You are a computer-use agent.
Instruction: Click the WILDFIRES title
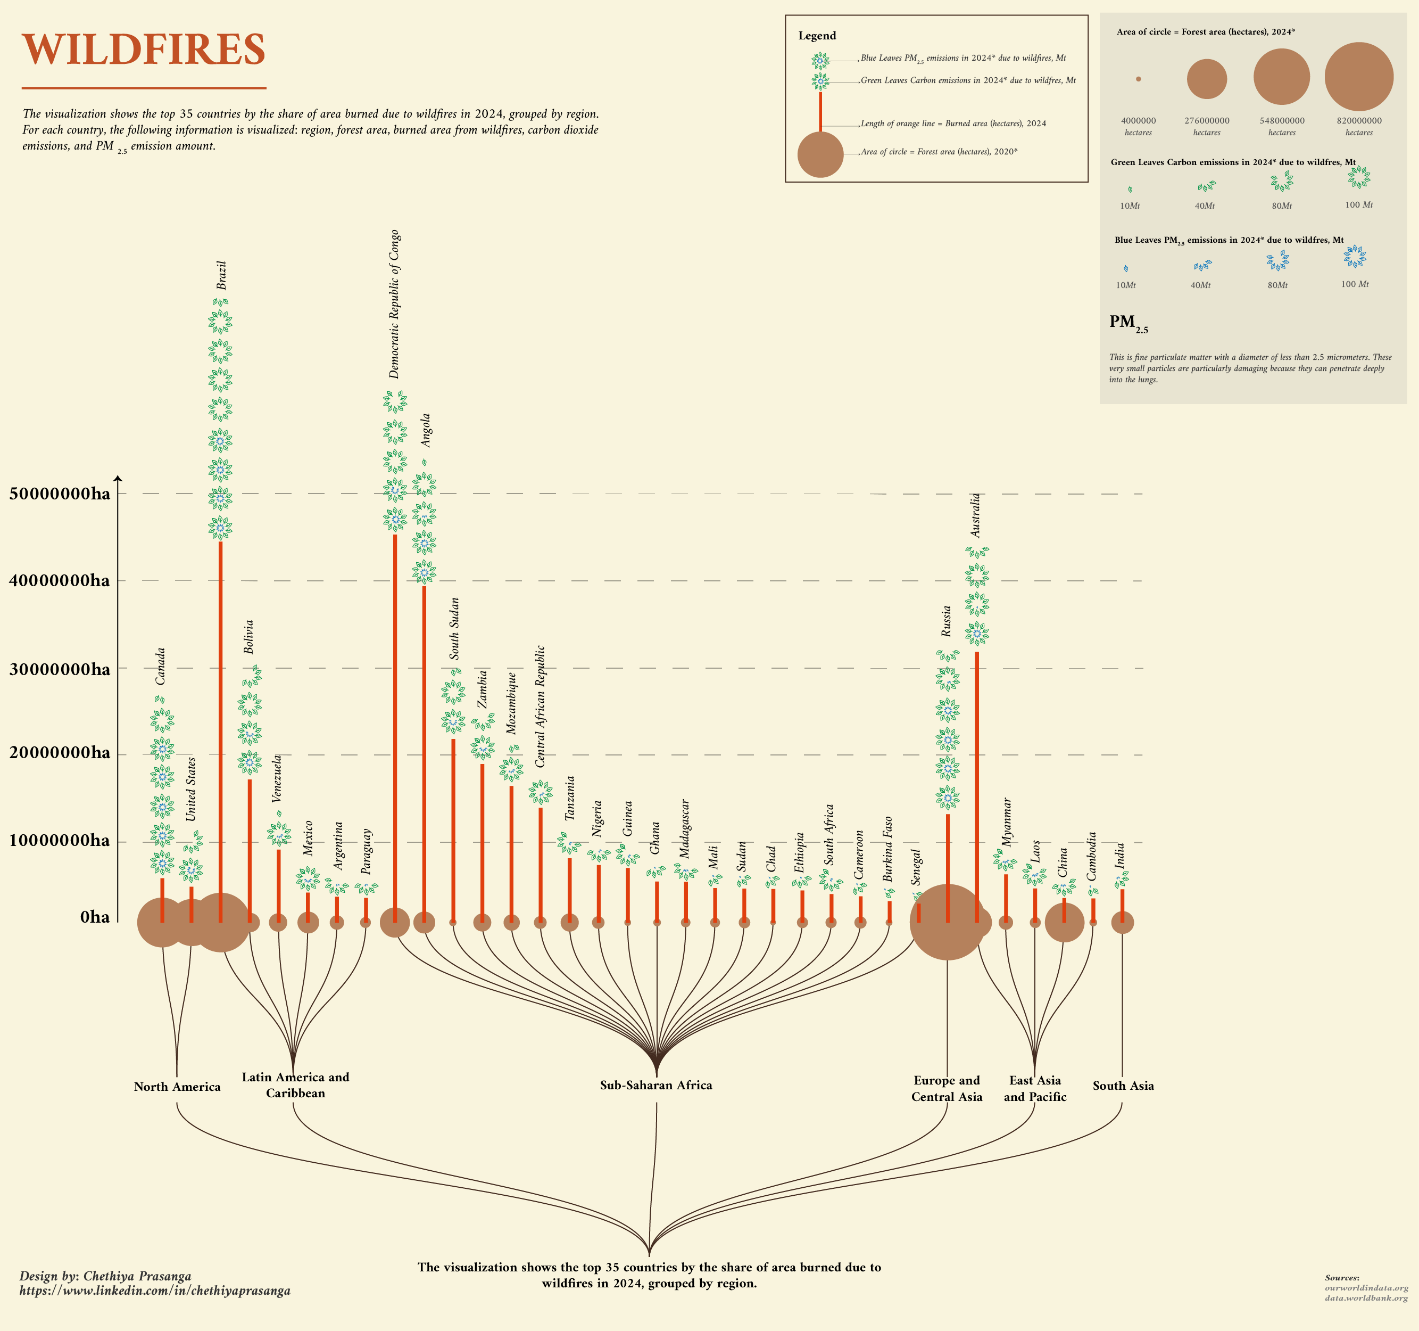coord(144,50)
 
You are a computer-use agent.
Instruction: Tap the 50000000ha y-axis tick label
coord(60,494)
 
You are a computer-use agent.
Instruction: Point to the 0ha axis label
coord(95,917)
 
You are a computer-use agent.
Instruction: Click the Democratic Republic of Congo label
coord(394,304)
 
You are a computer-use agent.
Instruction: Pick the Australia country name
coord(976,515)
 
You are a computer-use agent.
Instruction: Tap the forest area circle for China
coord(1064,923)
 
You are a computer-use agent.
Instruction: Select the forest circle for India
coord(1122,923)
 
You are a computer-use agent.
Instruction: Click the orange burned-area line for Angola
coord(424,750)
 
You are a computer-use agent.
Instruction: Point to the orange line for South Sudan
coord(453,828)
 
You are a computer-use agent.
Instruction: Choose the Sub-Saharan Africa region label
coord(656,1086)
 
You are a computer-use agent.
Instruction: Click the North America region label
coord(177,1087)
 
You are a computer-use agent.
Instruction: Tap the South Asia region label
coord(1123,1086)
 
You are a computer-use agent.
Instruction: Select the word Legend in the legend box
coord(817,36)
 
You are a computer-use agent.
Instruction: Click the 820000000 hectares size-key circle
coord(1358,77)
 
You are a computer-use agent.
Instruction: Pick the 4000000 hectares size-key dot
coord(1139,79)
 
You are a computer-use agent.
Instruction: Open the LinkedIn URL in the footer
coord(155,1291)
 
